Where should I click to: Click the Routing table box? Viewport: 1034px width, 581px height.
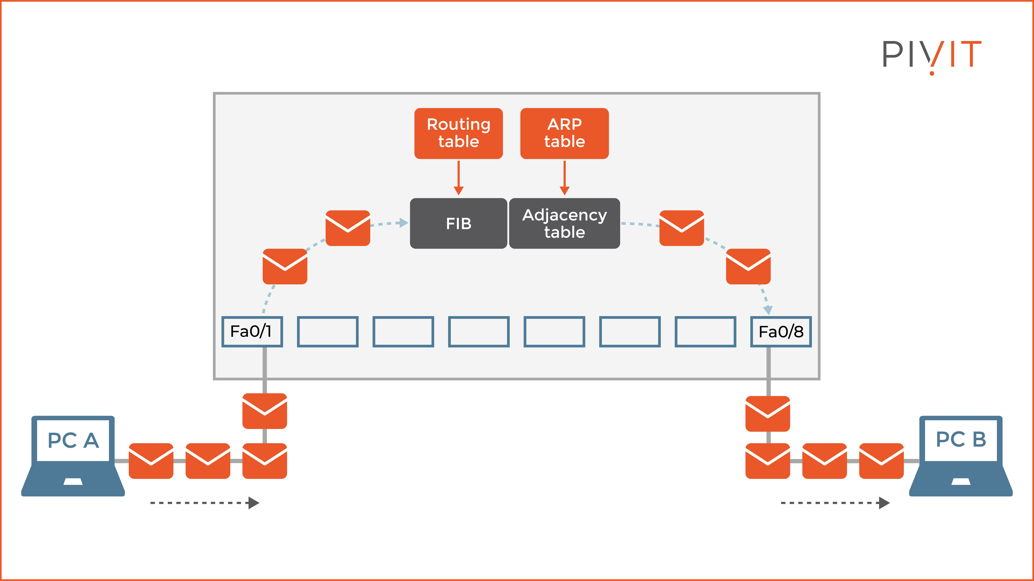pos(458,133)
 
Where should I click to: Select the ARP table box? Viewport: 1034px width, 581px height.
pos(564,133)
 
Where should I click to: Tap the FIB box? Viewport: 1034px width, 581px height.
pos(458,223)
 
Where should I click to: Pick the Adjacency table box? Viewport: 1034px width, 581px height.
pos(564,223)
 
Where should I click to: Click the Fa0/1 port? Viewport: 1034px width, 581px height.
pos(252,332)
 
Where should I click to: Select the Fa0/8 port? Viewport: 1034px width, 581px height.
pos(781,332)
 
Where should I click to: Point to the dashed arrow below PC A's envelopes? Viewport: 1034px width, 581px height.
pos(205,503)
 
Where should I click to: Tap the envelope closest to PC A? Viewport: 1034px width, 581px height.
pos(151,461)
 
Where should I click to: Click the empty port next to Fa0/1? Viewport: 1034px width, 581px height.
pos(328,332)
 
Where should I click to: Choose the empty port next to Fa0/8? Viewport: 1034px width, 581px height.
pos(705,332)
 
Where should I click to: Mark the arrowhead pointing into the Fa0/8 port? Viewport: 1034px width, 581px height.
pos(767,310)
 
